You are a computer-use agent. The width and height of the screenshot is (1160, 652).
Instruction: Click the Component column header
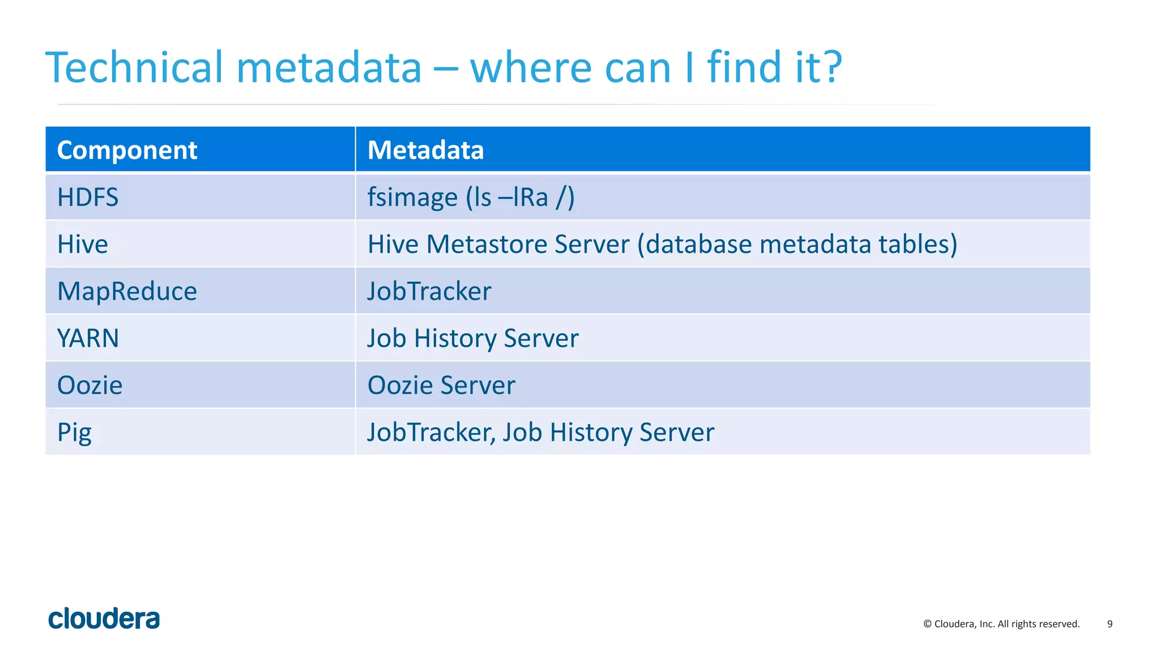127,150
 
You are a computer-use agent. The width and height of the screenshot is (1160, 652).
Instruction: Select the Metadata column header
425,150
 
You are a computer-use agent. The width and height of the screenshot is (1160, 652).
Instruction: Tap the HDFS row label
88,198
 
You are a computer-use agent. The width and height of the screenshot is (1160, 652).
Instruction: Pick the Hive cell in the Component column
83,244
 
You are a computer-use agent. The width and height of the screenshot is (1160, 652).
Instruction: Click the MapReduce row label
127,291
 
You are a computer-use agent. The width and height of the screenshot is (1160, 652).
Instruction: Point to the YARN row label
88,338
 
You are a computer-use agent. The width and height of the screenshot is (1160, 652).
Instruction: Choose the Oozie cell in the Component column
89,385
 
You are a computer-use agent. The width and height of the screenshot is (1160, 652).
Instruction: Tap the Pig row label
74,433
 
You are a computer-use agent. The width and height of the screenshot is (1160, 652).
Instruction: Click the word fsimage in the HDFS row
412,198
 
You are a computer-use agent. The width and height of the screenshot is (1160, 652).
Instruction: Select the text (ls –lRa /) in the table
520,198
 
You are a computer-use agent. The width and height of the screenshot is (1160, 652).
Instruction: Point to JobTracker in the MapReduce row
429,291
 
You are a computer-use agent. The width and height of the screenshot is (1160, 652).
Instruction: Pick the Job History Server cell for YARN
473,338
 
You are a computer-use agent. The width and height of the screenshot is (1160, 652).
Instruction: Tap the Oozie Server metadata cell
441,385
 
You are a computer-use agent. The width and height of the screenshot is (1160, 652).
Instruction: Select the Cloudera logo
104,619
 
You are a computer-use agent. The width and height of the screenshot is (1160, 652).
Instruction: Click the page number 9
1110,624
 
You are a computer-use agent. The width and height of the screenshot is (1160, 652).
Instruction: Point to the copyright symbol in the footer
927,624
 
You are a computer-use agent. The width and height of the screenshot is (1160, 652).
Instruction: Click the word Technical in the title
134,67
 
